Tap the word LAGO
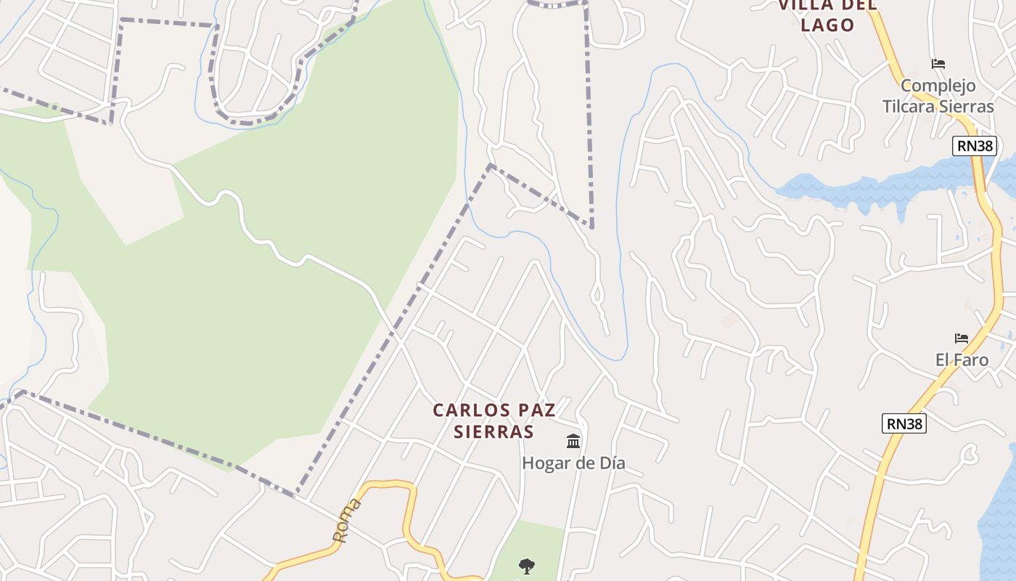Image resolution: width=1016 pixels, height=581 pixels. coord(827,25)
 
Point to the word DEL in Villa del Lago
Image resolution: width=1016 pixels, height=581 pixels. coord(860,5)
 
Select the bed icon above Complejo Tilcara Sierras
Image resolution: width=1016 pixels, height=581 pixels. coord(938,64)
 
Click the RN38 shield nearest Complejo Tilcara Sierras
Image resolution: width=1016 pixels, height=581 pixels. coord(975,146)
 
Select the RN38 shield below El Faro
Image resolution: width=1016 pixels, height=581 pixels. coord(904,423)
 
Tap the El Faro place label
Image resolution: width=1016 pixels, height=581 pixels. coord(962,359)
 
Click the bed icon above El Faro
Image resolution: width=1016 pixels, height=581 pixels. coord(962,338)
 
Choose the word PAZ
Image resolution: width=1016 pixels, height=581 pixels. coord(535,410)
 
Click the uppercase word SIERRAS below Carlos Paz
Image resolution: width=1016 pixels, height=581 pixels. coord(493,432)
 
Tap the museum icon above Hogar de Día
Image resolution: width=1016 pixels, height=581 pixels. coord(573,441)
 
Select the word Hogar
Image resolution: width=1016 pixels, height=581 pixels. coord(544,463)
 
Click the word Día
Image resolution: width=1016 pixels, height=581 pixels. coord(610,463)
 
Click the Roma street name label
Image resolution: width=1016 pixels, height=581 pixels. coord(346,521)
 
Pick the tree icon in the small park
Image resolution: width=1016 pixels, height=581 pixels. coord(527,566)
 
